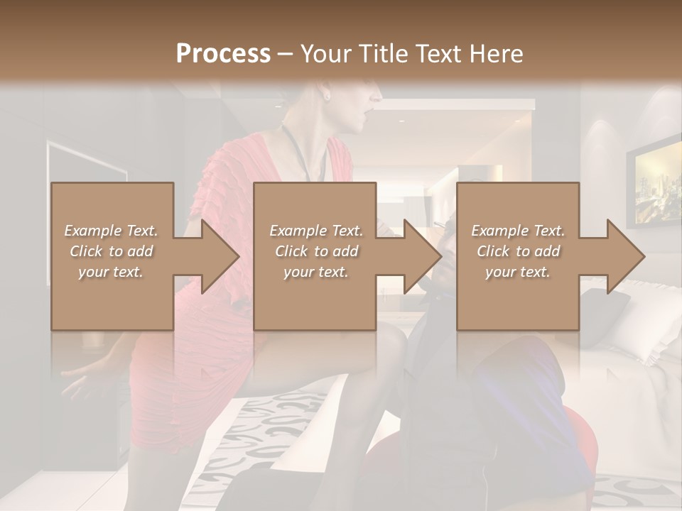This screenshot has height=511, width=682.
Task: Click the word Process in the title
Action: (x=223, y=54)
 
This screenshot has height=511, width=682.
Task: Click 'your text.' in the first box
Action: (x=111, y=272)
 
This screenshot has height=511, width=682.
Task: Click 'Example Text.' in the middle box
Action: (x=316, y=231)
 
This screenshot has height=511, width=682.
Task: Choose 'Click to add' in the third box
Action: (x=519, y=251)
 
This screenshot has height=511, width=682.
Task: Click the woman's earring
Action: (x=327, y=94)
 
